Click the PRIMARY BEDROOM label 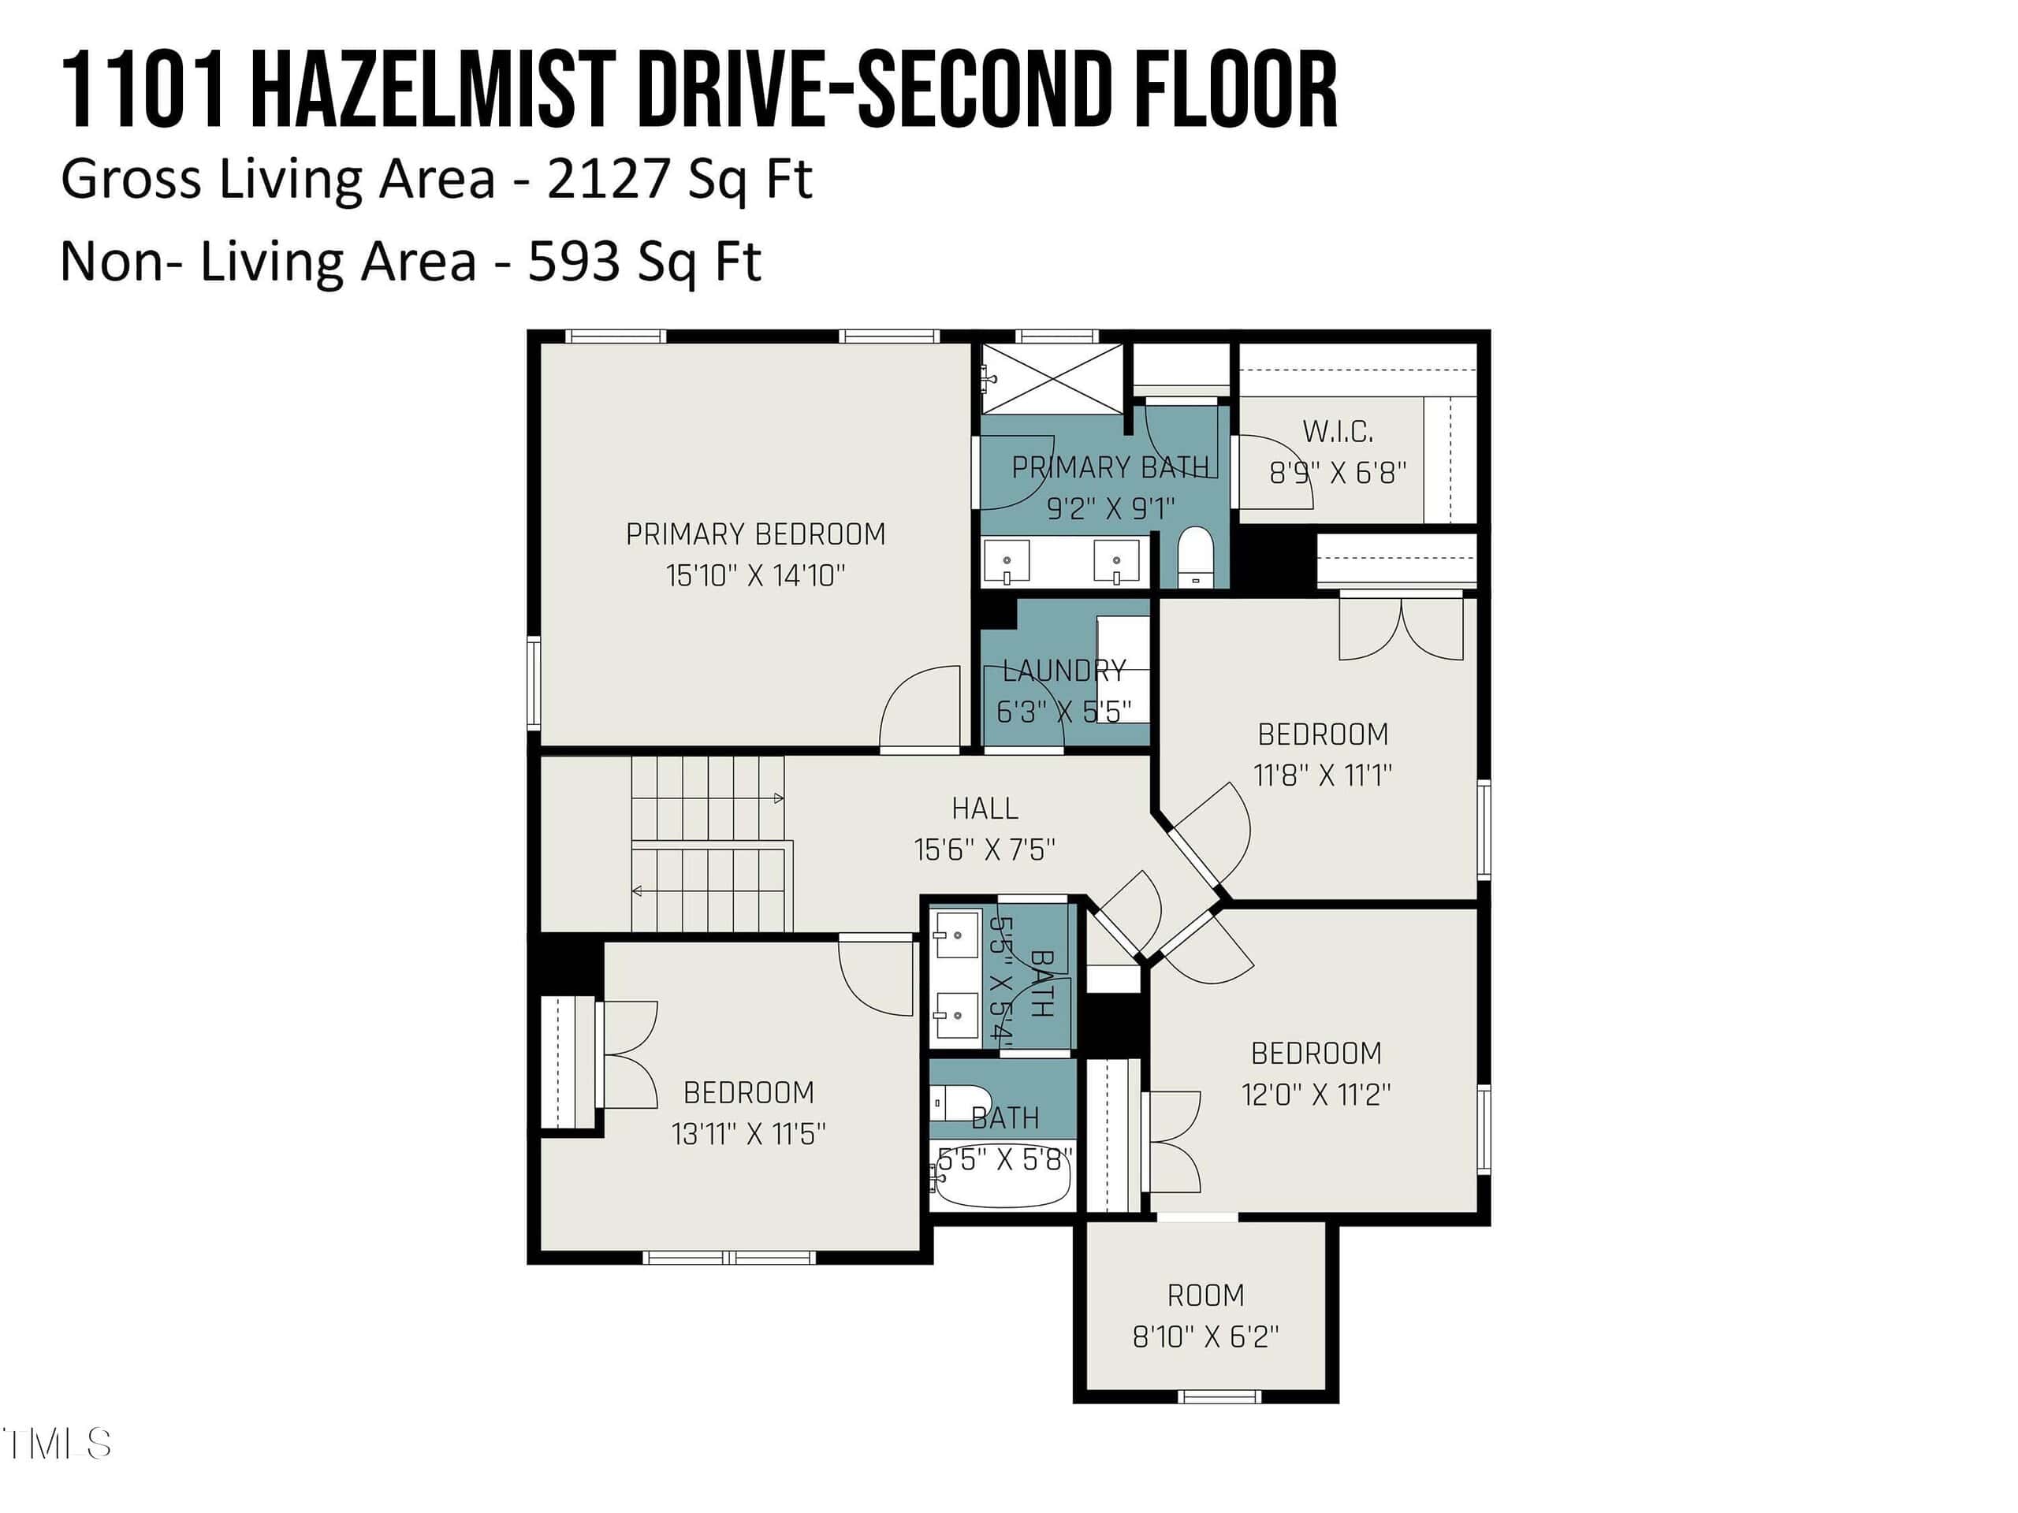pyautogui.click(x=755, y=533)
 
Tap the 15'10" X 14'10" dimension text pyautogui.click(x=755, y=575)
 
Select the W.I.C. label pyautogui.click(x=1338, y=430)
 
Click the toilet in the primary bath pyautogui.click(x=1194, y=557)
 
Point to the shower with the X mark pyautogui.click(x=1052, y=378)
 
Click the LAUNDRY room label pyautogui.click(x=1063, y=671)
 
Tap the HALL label pyautogui.click(x=985, y=808)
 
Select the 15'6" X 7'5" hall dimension pyautogui.click(x=985, y=850)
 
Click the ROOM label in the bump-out pyautogui.click(x=1205, y=1295)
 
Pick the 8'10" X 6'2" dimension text pyautogui.click(x=1205, y=1337)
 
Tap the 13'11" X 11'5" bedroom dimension pyautogui.click(x=748, y=1134)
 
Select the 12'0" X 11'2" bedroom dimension pyautogui.click(x=1316, y=1095)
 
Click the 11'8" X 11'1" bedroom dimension pyautogui.click(x=1322, y=775)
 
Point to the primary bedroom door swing pyautogui.click(x=920, y=707)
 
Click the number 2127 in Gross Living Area pyautogui.click(x=609, y=178)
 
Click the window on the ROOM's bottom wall pyautogui.click(x=1219, y=1396)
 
